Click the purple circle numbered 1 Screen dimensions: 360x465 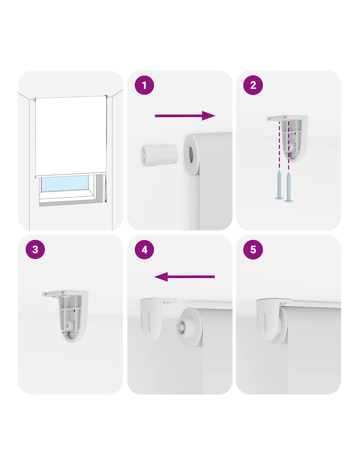click(x=144, y=85)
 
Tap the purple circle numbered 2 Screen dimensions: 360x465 click(x=253, y=85)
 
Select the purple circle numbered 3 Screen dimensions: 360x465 click(x=35, y=250)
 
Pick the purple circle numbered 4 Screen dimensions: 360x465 click(x=144, y=250)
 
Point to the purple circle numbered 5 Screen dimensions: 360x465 click(x=253, y=250)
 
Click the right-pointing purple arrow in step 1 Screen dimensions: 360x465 click(x=185, y=116)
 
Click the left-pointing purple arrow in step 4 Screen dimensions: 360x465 click(x=184, y=277)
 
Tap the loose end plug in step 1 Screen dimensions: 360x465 click(x=159, y=155)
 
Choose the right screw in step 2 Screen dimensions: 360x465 click(x=288, y=187)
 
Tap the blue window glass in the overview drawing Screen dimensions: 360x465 click(x=65, y=183)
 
